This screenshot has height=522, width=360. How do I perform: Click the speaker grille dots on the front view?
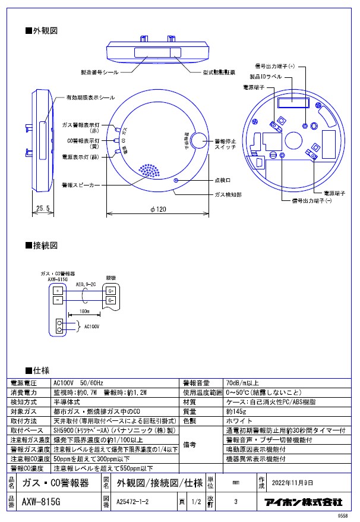(x=149, y=171)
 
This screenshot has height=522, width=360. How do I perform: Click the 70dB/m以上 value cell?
(x=242, y=382)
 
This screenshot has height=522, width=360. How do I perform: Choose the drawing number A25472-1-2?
(x=135, y=501)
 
